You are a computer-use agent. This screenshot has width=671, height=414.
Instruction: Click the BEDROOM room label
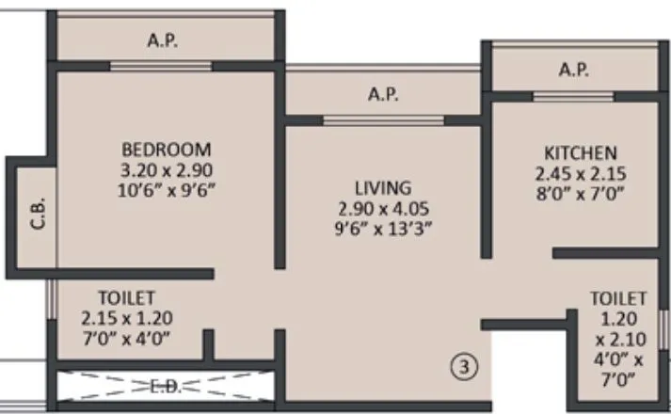click(x=166, y=150)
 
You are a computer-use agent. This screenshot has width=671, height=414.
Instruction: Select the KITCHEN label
click(x=580, y=152)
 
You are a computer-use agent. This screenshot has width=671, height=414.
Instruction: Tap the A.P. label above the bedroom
click(x=164, y=40)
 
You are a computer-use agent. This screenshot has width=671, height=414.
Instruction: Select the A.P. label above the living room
click(x=382, y=95)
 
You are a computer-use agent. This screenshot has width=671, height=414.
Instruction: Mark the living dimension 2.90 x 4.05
click(x=382, y=207)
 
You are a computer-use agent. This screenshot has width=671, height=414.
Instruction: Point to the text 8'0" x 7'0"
click(x=580, y=193)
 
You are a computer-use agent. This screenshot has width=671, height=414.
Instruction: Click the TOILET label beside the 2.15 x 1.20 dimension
click(x=126, y=297)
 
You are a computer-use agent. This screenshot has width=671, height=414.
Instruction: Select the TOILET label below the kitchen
click(x=618, y=297)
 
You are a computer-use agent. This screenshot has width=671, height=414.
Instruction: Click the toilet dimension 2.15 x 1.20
click(x=126, y=317)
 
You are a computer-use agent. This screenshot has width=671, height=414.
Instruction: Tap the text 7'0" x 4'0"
click(x=126, y=337)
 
